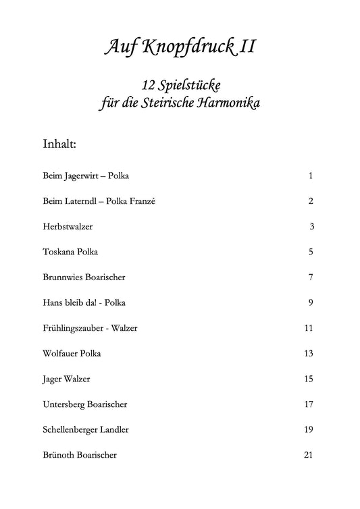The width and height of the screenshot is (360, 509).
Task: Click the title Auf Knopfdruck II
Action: tap(180, 47)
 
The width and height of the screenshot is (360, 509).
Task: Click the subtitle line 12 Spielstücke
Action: tap(180, 86)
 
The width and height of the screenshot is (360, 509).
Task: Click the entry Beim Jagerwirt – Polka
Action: tap(85, 176)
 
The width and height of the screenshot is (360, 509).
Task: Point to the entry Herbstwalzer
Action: tap(68, 227)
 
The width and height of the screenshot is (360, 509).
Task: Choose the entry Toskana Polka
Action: tap(70, 252)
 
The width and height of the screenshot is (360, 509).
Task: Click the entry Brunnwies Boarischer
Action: tap(84, 277)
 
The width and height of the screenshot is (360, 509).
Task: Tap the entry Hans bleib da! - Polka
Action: tap(84, 302)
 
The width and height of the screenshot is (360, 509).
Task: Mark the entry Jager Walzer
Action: tap(66, 379)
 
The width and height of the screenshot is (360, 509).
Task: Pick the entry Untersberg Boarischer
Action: tap(85, 404)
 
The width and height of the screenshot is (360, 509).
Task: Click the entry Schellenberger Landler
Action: tap(86, 429)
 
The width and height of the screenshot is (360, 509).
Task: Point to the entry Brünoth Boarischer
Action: tap(80, 455)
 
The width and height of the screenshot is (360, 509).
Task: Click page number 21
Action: tap(309, 455)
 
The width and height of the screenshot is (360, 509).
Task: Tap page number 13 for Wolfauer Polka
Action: tap(309, 353)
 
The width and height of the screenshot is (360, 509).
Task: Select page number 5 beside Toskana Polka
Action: tap(311, 252)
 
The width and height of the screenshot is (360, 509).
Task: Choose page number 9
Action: tap(311, 302)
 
